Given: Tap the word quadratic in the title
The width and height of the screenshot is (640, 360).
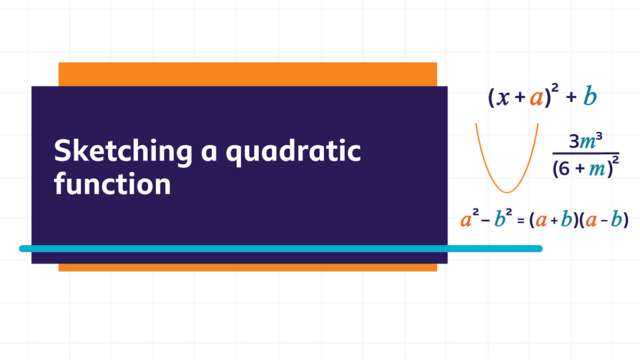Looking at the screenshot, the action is coord(293,151).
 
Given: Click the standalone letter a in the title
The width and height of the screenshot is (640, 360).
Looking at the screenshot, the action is coord(209,154).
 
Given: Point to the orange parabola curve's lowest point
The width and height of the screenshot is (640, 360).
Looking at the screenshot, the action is coord(507,193).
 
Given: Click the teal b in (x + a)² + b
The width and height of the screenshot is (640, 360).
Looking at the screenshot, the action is coord(590,95).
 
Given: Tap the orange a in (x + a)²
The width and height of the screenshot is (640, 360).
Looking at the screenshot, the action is coord(537,98).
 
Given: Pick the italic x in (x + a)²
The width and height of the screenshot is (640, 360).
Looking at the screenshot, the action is coord(503,98).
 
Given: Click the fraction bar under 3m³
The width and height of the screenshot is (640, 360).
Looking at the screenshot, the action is coord(586,154).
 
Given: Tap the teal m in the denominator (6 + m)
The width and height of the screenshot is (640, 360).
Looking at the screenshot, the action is coord(597,170).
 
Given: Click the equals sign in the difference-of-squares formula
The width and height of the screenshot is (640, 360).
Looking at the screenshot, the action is coord(521,221).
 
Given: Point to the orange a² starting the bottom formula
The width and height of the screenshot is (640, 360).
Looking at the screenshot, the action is coord(469,219).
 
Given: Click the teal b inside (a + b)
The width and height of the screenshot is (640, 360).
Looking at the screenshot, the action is coord(566,219).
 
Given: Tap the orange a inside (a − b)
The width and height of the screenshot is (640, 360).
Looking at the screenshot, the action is coord(591,221).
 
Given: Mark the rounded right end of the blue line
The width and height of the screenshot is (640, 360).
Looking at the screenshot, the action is coord(542,249).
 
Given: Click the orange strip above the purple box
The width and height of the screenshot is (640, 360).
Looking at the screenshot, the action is coord(247,74).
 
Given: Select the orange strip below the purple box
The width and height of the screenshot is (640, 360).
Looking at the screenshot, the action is coord(247,267).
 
